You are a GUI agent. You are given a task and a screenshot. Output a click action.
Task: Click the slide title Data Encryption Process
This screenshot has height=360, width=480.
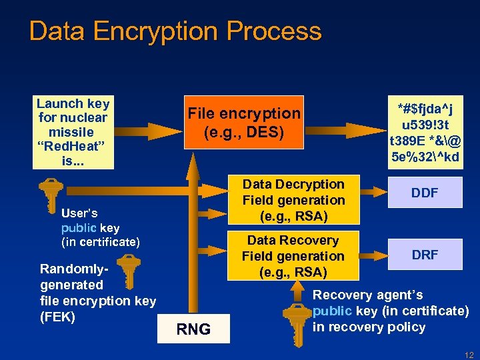point(175,31)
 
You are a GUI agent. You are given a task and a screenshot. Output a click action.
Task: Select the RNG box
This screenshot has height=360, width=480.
point(193,329)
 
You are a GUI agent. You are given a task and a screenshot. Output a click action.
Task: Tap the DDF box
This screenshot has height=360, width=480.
point(424,193)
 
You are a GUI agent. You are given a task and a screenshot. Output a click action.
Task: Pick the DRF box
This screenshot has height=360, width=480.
point(424,255)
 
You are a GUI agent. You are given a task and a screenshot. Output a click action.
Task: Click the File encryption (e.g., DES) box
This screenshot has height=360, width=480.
point(244,123)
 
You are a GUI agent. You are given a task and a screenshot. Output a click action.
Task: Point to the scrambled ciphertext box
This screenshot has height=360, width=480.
point(425,132)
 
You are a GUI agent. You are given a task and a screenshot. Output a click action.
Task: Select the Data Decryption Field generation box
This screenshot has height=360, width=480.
point(293,200)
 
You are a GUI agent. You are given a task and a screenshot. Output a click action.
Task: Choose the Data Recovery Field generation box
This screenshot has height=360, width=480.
point(293,257)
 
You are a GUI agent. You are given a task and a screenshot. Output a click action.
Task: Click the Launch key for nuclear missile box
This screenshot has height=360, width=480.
point(73,132)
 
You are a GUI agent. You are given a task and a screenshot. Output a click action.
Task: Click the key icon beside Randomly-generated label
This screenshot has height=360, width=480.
point(129,273)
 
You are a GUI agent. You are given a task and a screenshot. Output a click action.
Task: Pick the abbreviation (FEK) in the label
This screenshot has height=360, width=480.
point(57,317)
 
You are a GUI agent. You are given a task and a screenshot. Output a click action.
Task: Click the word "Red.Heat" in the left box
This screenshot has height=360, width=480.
point(73,146)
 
